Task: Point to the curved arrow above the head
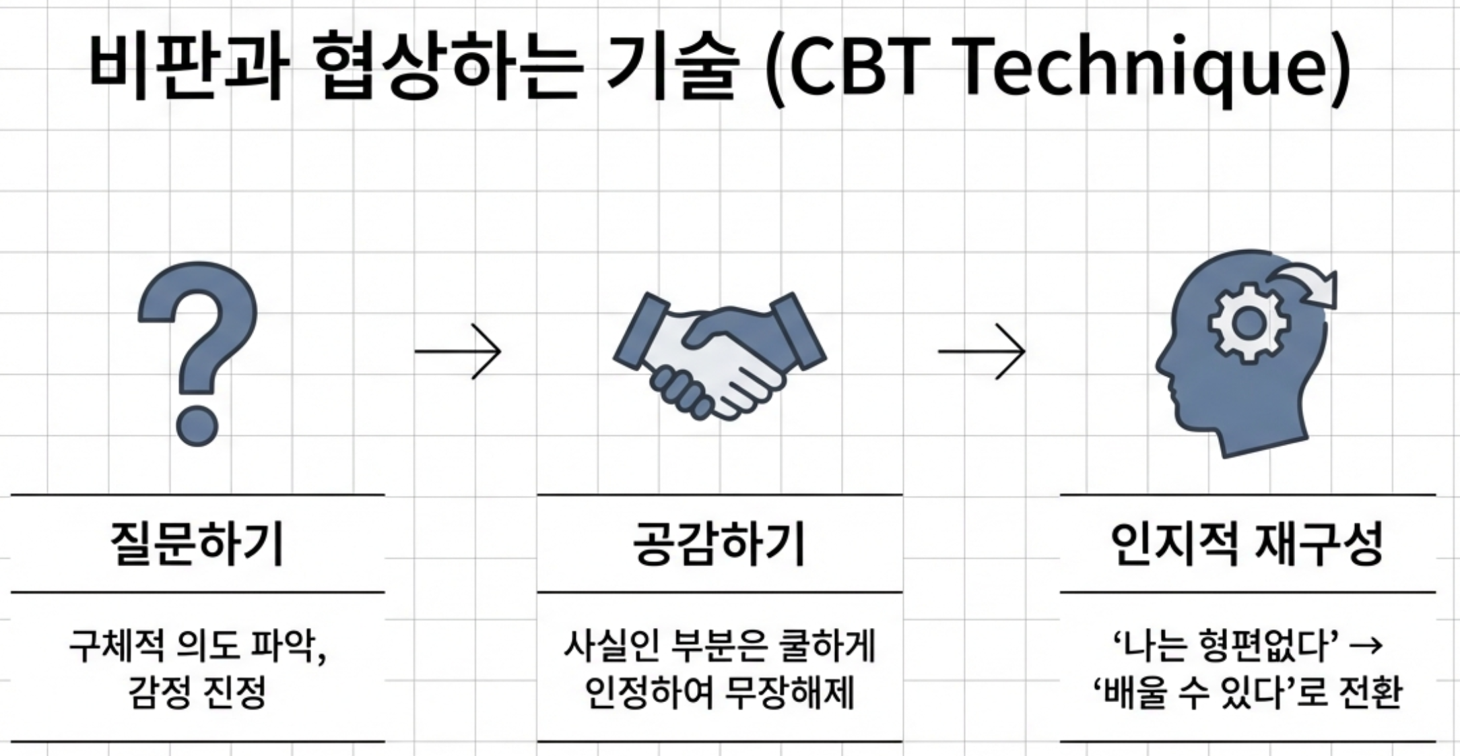click(1306, 286)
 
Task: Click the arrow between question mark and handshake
click(458, 351)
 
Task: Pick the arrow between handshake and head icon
click(981, 351)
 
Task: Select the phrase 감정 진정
click(197, 693)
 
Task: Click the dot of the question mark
click(197, 425)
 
